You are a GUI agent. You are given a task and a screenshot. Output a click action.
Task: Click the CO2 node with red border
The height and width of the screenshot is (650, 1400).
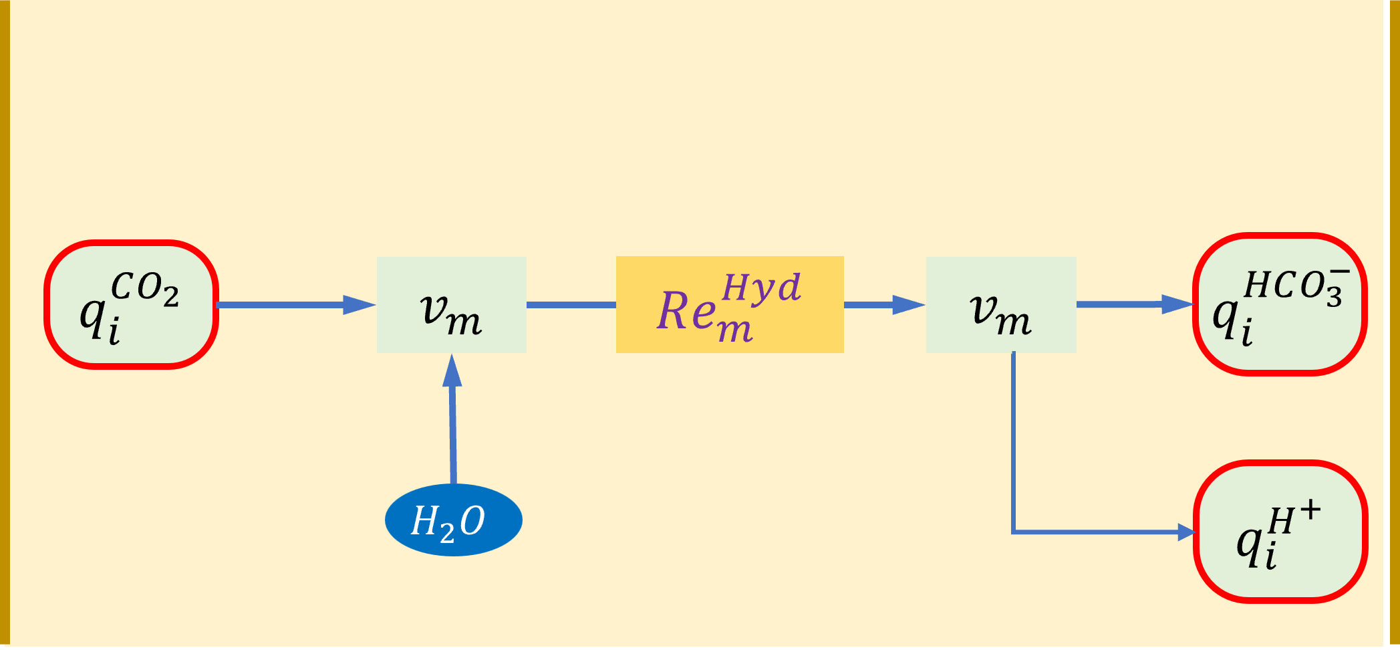[132, 304]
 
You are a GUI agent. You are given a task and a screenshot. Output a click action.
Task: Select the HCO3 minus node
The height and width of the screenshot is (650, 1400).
[1280, 304]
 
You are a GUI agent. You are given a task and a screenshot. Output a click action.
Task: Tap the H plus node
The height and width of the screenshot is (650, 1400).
[1280, 532]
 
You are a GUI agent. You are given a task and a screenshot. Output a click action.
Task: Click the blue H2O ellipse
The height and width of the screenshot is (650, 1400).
[453, 520]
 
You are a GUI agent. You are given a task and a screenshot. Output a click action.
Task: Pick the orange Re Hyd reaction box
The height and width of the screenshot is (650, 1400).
[730, 304]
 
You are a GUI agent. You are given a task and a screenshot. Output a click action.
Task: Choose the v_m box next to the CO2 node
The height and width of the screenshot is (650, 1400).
[451, 304]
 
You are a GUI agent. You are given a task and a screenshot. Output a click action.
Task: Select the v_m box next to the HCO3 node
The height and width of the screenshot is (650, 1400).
[1000, 304]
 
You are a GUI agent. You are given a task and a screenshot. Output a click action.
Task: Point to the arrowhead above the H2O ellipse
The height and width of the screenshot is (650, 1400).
[452, 372]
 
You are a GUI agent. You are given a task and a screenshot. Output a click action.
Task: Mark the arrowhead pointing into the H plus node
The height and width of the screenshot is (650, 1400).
[1185, 532]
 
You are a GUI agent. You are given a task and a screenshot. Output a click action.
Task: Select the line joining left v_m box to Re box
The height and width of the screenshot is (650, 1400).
[571, 305]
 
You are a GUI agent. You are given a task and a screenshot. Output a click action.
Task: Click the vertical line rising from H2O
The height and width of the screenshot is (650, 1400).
[453, 435]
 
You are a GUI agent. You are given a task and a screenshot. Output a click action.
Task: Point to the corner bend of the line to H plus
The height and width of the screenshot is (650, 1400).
[1014, 532]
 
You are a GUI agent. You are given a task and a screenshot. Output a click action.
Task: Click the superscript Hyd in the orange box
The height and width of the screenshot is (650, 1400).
[761, 288]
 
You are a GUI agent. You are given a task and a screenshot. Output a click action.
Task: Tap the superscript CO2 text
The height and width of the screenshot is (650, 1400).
[144, 288]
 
